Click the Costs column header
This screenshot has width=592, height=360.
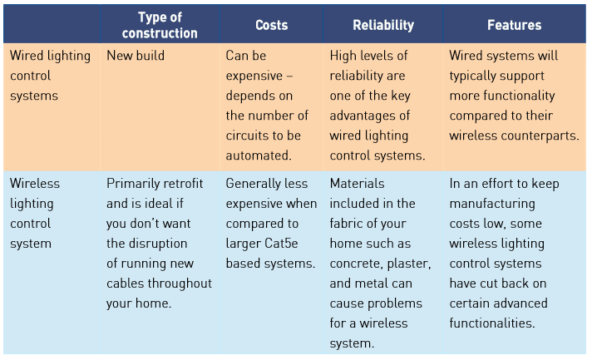point(271,25)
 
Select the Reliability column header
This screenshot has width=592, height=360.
point(383,25)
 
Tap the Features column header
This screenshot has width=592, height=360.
point(514,25)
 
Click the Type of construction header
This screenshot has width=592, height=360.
point(160,25)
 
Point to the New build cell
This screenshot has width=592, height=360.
point(136,56)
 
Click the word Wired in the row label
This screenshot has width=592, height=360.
point(27,56)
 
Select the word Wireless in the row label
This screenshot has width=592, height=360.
point(35,184)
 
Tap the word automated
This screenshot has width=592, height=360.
point(259,155)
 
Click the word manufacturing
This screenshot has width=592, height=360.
point(492,204)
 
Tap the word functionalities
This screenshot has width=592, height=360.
point(492,323)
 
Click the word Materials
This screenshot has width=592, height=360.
point(358,184)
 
